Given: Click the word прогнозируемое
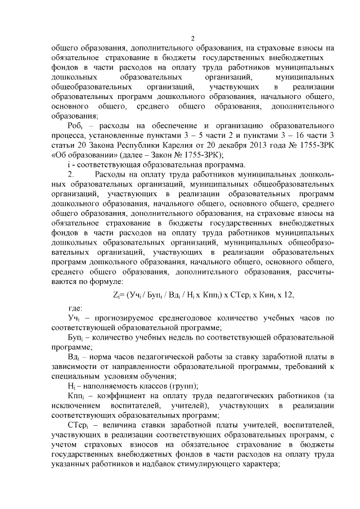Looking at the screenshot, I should tap(129, 318).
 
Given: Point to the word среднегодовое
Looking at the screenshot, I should tap(206, 318).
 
